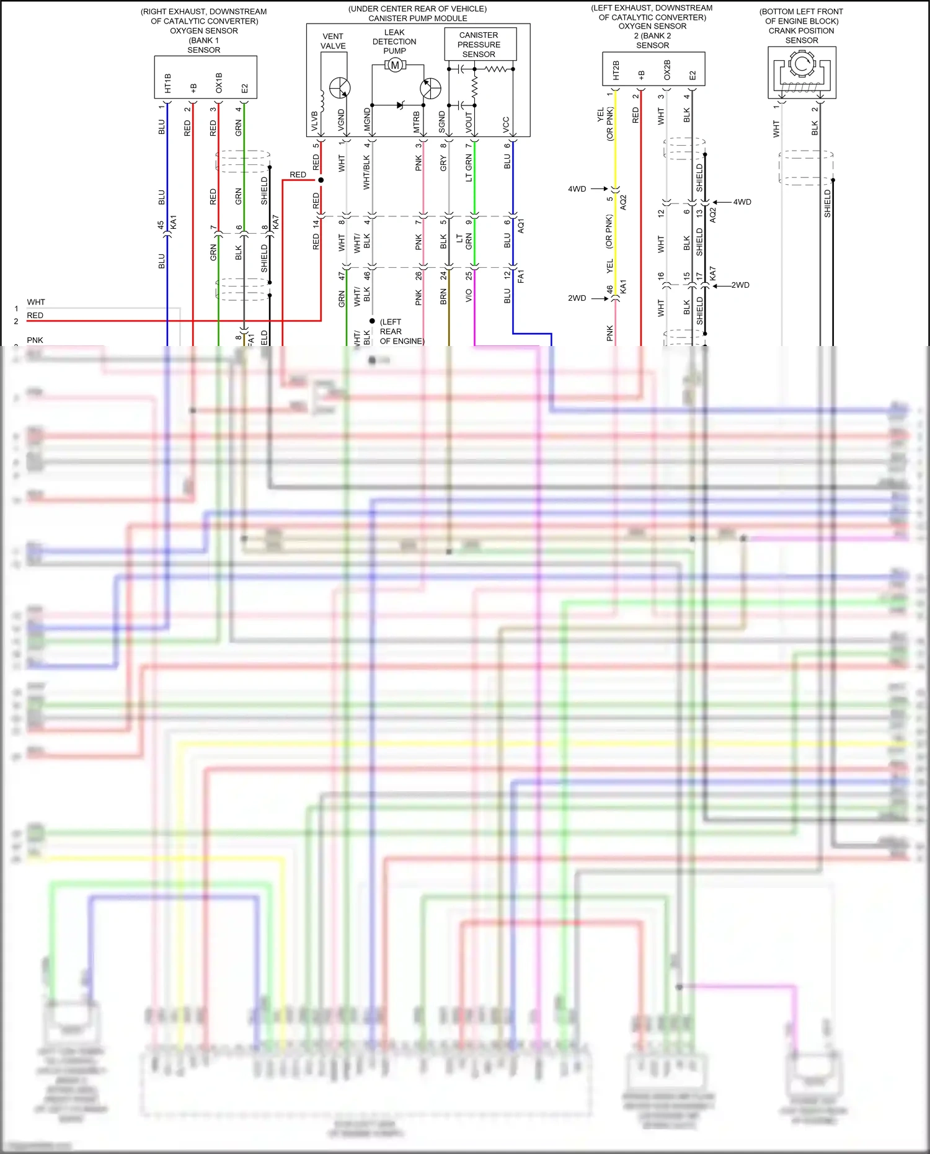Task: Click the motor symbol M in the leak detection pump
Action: (x=395, y=65)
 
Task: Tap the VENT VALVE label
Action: (x=333, y=41)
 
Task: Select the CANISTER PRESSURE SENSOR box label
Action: (x=479, y=45)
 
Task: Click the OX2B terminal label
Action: (x=667, y=69)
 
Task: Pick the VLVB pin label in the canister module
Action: (x=314, y=122)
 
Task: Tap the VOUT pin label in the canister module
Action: (x=469, y=122)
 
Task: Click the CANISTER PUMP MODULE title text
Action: (x=418, y=19)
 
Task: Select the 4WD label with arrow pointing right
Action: (x=577, y=189)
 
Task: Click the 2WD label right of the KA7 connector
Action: (x=740, y=285)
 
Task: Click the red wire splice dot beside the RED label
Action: (x=321, y=180)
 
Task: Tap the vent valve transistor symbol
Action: (x=340, y=88)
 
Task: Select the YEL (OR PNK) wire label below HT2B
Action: (x=605, y=124)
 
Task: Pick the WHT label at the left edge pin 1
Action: (x=36, y=302)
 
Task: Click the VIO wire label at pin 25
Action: (x=469, y=296)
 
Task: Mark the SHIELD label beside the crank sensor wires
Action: (x=827, y=203)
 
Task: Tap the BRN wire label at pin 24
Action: (x=443, y=298)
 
